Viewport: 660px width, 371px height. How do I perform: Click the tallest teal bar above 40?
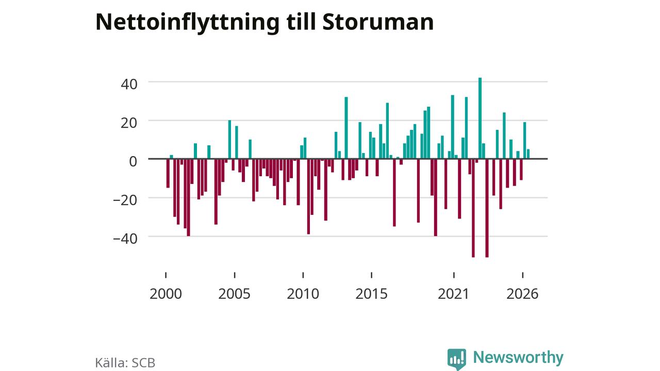click(480, 119)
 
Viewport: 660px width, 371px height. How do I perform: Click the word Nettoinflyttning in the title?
click(187, 22)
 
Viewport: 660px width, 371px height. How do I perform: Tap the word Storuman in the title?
click(378, 22)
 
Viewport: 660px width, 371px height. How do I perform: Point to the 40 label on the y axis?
click(129, 84)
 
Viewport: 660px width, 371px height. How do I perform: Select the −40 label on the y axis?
click(125, 239)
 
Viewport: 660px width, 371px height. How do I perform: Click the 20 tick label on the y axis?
click(129, 123)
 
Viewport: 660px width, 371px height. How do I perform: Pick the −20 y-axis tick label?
click(125, 200)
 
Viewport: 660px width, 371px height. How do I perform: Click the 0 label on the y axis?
click(133, 161)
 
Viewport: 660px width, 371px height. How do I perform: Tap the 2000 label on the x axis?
click(166, 294)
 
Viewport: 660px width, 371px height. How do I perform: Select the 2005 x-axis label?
click(234, 294)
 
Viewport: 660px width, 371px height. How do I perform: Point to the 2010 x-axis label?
click(303, 294)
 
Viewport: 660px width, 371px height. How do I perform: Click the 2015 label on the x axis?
click(372, 294)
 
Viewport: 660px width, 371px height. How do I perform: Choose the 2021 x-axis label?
click(453, 294)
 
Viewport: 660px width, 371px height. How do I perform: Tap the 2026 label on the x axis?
click(522, 294)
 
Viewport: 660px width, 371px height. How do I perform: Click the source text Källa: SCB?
click(125, 363)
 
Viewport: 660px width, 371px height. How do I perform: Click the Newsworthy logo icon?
click(457, 359)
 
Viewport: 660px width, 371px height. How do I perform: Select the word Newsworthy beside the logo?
click(518, 358)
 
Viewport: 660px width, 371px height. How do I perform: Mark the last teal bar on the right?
click(529, 154)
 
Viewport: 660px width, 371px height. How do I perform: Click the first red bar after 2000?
click(168, 173)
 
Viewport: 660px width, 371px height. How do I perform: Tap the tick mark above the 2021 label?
click(454, 275)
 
